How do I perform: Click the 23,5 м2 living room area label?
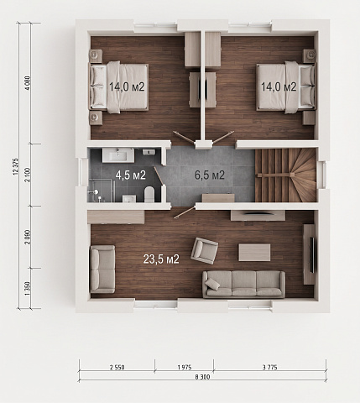(161, 259)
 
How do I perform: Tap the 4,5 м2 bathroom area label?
(131, 175)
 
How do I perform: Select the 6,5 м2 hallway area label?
(210, 175)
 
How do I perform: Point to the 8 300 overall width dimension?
(202, 377)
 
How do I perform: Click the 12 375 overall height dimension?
(15, 166)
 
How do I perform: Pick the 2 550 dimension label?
(117, 367)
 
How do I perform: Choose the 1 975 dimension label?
(185, 367)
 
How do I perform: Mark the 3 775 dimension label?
(269, 367)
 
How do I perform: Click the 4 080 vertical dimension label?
(28, 83)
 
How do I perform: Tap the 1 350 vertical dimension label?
(28, 289)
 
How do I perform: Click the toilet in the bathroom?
(149, 194)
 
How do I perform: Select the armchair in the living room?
(205, 251)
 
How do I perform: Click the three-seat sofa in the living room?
(244, 285)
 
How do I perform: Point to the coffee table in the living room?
(254, 253)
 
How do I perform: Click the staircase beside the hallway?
(285, 175)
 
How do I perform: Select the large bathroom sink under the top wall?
(118, 155)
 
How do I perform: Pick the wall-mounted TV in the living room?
(313, 254)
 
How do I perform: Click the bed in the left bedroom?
(118, 87)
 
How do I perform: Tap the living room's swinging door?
(185, 212)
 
